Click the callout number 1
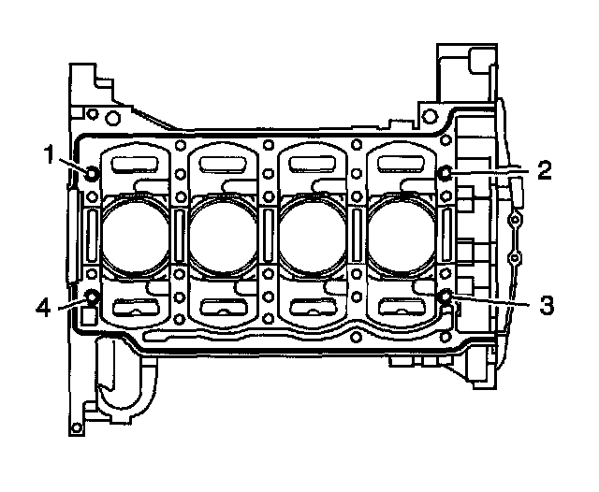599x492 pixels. coord(49,154)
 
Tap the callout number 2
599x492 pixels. coord(545,170)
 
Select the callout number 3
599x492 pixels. coord(547,305)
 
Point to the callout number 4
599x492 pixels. coord(43,307)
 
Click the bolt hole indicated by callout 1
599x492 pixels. coord(92,174)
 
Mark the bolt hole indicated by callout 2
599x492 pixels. coord(446,173)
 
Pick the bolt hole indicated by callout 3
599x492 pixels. coord(446,296)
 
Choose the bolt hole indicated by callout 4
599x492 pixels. coord(92,297)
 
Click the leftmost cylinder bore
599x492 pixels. coord(135,236)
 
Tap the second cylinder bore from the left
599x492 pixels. coord(224,236)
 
